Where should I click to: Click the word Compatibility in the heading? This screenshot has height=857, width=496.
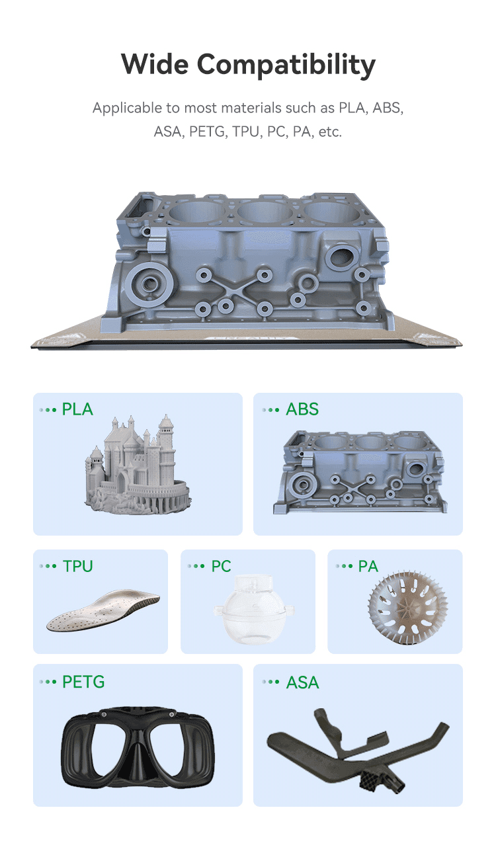[286, 65]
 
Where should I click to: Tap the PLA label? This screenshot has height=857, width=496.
[77, 409]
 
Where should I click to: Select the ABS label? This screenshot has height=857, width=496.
[302, 409]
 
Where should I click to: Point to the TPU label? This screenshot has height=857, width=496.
[78, 566]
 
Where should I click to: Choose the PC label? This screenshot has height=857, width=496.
[221, 566]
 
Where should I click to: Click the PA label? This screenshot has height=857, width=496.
[368, 566]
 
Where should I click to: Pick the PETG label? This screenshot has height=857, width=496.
[83, 682]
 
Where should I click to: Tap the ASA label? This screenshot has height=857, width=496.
[303, 682]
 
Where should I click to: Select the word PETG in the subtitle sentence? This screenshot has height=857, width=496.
[208, 132]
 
